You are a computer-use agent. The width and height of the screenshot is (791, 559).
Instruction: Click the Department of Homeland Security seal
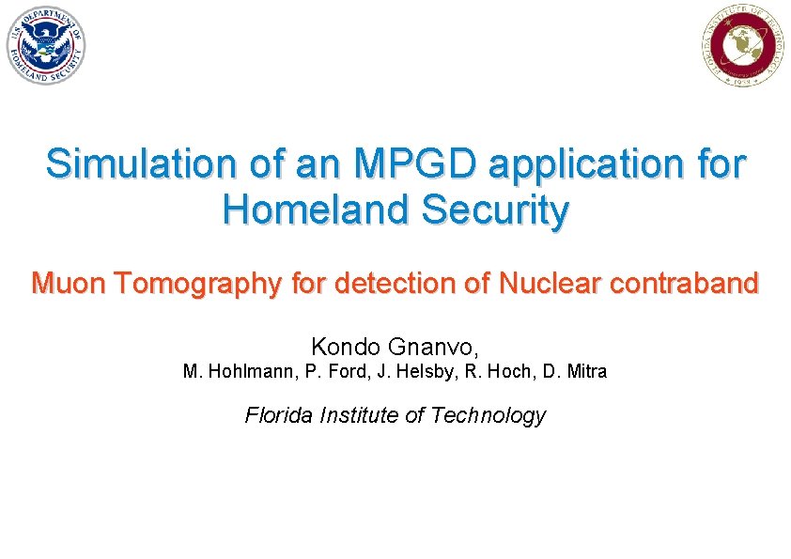tap(47, 45)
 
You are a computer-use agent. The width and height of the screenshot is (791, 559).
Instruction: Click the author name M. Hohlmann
tap(239, 372)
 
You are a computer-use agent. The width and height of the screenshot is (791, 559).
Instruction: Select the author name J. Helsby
tap(414, 372)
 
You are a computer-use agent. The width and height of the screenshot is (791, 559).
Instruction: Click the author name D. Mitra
tap(575, 372)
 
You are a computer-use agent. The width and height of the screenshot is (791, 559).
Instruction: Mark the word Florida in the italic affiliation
tap(279, 415)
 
